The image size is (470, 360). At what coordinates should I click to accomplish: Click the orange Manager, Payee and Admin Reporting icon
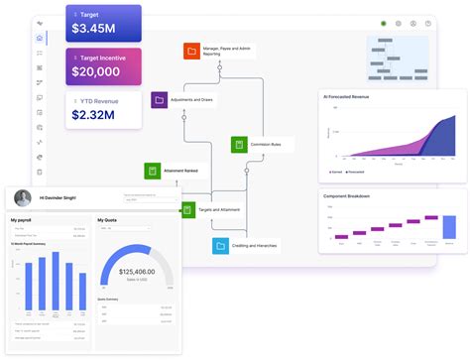click(191, 51)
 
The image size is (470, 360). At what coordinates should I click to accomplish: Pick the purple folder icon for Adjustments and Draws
click(159, 100)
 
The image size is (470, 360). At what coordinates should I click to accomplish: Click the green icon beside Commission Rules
click(238, 145)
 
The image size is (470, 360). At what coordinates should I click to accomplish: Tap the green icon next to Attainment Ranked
click(152, 172)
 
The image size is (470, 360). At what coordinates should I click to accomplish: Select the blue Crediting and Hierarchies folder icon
click(219, 245)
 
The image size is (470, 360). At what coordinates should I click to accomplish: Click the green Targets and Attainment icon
click(187, 209)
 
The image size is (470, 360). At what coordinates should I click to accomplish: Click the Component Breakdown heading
click(347, 196)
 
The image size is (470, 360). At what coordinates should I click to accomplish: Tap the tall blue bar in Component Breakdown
click(449, 227)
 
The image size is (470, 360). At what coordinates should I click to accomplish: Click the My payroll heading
click(22, 220)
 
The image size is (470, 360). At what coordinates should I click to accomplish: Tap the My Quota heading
click(107, 220)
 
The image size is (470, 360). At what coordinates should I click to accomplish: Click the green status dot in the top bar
click(384, 23)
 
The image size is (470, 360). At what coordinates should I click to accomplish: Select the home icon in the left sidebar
click(40, 39)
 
